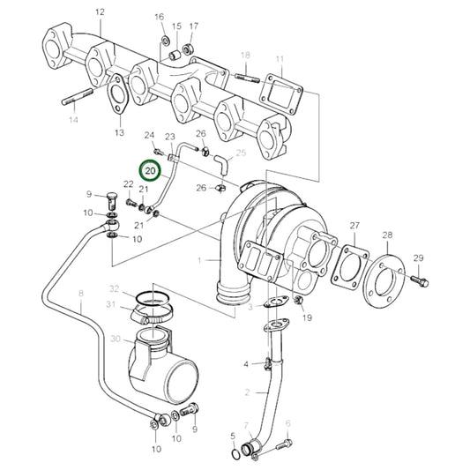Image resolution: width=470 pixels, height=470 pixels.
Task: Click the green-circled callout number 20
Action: [x=149, y=171]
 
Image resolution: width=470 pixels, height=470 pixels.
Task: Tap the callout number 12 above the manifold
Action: [x=99, y=11]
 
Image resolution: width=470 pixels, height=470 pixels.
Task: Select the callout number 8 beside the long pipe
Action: [x=79, y=293]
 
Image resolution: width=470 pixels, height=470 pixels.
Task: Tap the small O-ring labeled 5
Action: [x=234, y=454]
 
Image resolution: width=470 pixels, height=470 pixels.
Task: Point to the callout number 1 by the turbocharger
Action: [x=200, y=260]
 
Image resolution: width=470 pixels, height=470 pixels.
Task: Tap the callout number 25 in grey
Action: [x=241, y=153]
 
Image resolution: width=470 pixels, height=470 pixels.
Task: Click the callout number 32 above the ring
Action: [x=114, y=289]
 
